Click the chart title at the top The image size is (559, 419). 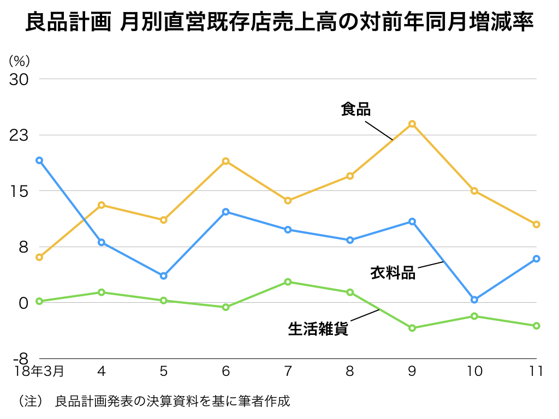279,23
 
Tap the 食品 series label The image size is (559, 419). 355,109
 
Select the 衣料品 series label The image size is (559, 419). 393,272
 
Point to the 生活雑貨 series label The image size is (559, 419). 318,329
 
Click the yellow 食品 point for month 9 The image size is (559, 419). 412,124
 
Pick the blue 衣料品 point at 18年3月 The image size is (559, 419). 39,160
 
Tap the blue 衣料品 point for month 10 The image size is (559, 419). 474,300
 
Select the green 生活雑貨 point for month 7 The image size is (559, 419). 288,282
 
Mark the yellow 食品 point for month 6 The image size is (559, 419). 225,161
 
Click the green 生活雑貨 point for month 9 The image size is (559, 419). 412,328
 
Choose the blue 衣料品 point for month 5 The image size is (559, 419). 163,276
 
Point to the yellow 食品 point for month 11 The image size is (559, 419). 537,224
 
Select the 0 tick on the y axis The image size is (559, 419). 23,303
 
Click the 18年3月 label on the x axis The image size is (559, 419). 39,372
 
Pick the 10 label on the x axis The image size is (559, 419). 474,372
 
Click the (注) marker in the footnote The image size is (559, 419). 31,402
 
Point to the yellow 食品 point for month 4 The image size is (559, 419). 102,205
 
